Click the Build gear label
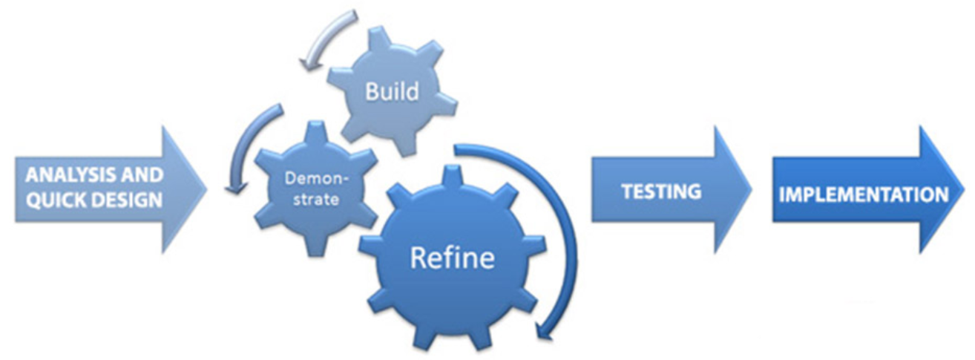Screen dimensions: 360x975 [391, 92]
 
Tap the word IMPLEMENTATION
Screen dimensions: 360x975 [862, 194]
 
